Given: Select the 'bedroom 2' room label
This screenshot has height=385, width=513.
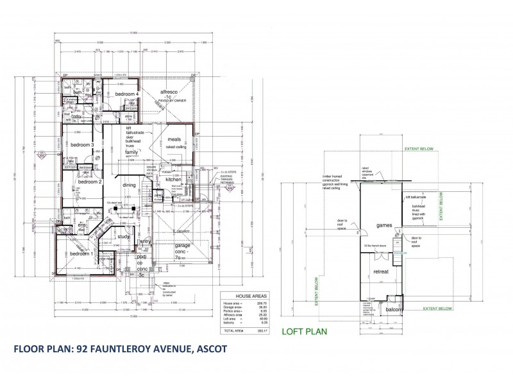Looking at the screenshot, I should [x=90, y=182].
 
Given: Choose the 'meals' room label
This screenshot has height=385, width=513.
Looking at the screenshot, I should [x=176, y=139].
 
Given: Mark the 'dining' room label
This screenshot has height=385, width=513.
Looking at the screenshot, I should [x=130, y=185].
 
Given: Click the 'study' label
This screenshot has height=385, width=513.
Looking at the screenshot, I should [x=124, y=237].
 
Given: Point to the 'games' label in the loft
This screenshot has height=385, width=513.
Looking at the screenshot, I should [x=384, y=226].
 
